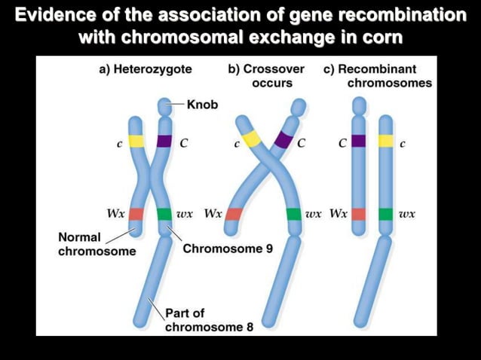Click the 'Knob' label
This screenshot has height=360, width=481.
click(201, 105)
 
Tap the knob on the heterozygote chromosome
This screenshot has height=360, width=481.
click(164, 105)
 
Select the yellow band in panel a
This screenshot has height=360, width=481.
click(136, 141)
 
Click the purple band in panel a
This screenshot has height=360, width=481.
click(164, 141)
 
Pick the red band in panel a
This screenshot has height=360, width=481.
click(136, 213)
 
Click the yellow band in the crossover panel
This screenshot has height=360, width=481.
click(252, 138)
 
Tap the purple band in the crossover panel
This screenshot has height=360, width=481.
click(283, 139)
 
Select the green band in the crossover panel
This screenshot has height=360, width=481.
click(294, 214)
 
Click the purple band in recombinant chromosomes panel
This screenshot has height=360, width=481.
click(358, 141)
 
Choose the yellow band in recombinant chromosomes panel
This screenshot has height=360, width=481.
click(386, 141)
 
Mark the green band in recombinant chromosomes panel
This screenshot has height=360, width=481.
click(386, 214)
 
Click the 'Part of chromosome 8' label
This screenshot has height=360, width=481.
click(209, 320)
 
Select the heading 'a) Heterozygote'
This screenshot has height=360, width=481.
click(146, 69)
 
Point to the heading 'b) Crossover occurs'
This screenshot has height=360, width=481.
click(266, 75)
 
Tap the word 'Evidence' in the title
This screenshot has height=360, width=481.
click(54, 14)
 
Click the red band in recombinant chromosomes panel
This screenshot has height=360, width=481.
click(358, 214)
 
